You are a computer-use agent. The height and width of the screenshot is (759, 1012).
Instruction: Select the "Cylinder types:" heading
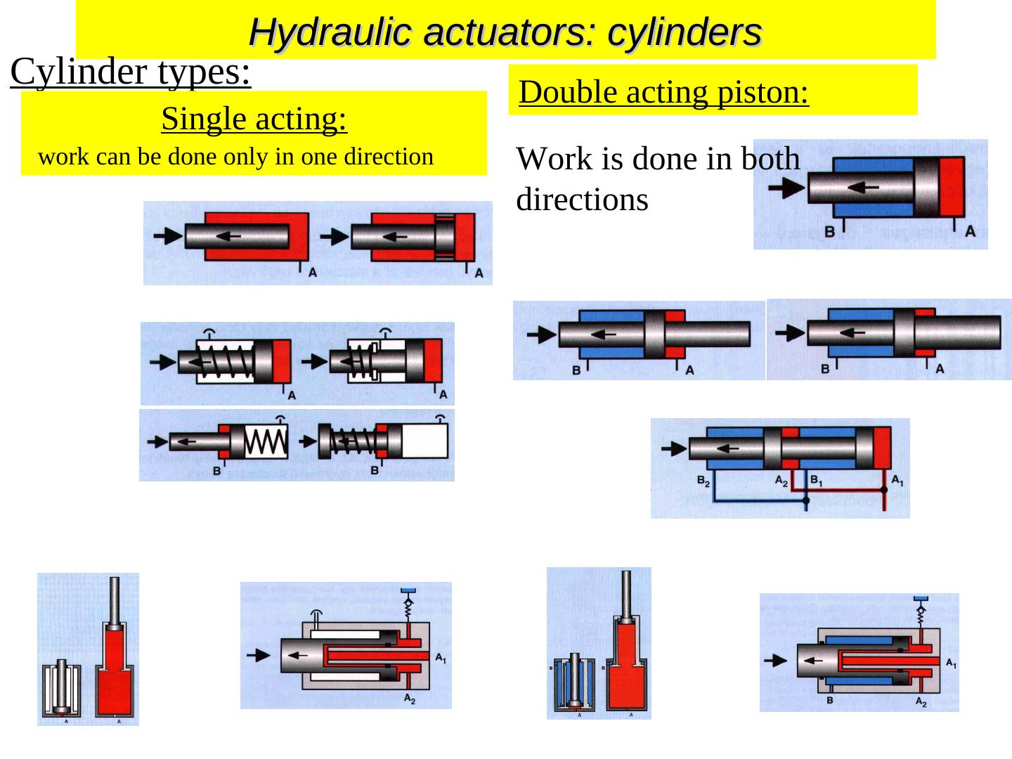click(131, 72)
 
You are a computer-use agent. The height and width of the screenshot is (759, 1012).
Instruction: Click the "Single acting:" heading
click(254, 119)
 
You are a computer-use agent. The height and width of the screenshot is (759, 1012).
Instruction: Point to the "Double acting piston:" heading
click(664, 92)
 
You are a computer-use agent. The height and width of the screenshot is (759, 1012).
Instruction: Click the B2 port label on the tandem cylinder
click(703, 481)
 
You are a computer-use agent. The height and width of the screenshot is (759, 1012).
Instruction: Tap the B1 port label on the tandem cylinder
click(817, 481)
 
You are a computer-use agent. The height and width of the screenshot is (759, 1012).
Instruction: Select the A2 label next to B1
click(781, 481)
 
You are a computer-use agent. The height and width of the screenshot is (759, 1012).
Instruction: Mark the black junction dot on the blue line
click(806, 500)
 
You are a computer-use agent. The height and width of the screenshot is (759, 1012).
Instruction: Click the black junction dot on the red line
click(883, 489)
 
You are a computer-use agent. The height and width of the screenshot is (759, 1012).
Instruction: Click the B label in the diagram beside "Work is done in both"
click(829, 231)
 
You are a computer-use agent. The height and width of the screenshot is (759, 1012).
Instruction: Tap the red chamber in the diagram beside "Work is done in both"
click(952, 186)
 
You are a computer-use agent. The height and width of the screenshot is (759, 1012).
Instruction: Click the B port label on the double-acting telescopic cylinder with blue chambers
click(830, 701)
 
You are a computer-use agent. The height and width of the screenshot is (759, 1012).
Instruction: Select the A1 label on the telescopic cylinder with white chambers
click(440, 659)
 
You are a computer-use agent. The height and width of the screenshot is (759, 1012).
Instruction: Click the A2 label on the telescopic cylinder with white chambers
click(409, 699)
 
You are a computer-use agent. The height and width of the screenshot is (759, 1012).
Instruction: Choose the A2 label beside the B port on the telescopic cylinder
click(921, 701)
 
